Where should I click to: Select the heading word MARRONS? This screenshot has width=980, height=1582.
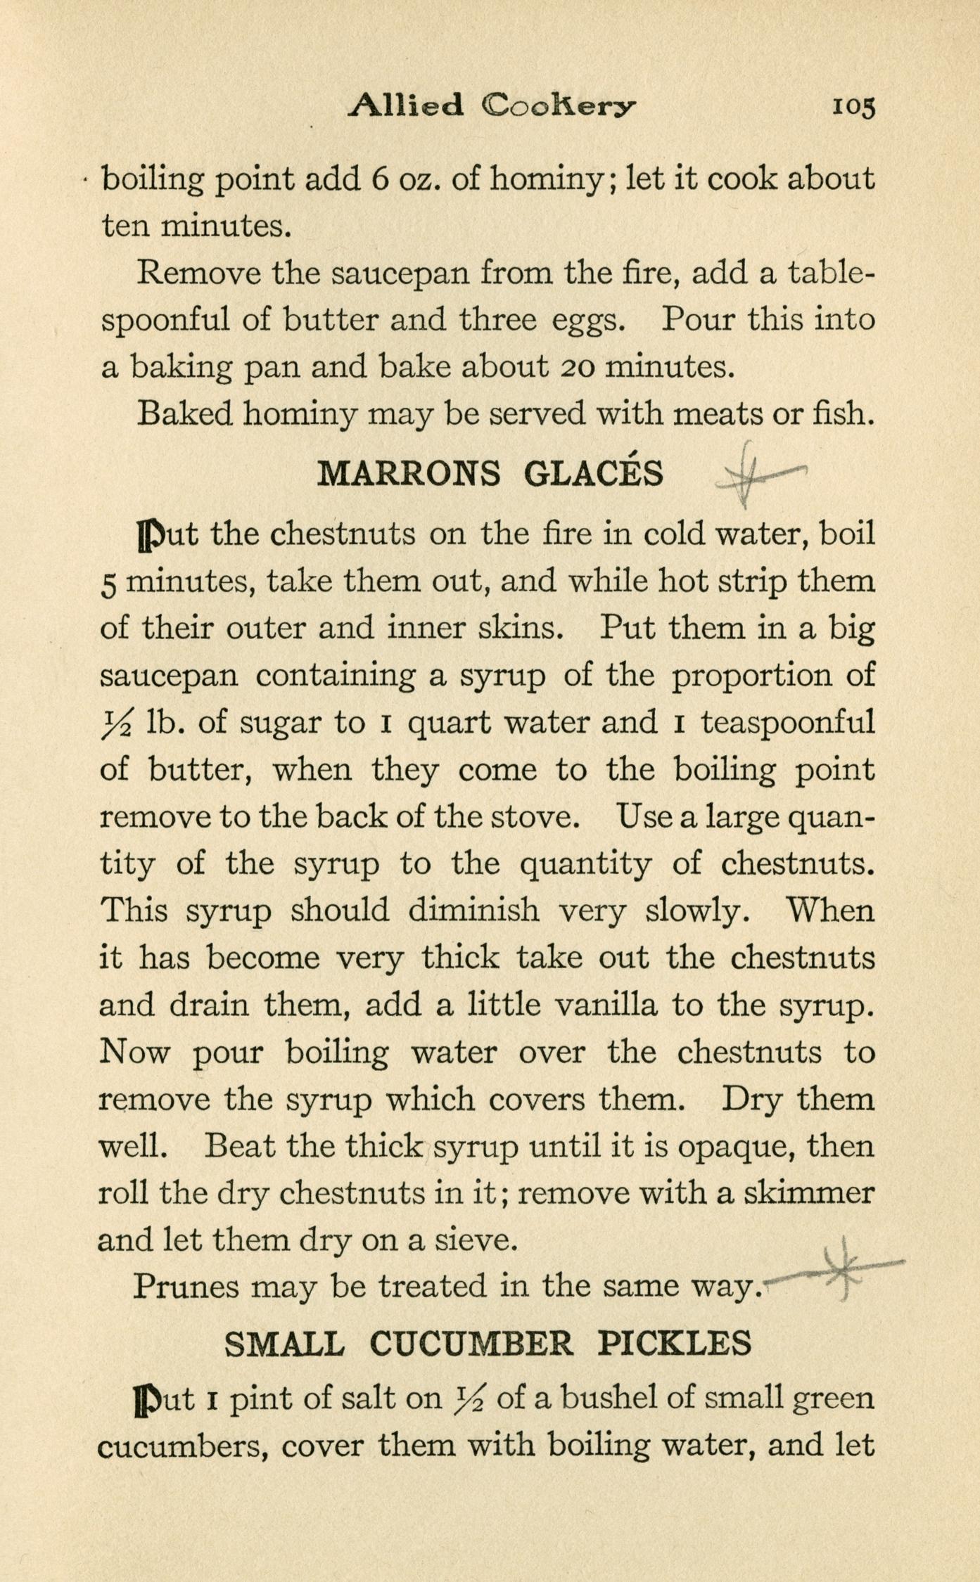pos(409,474)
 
